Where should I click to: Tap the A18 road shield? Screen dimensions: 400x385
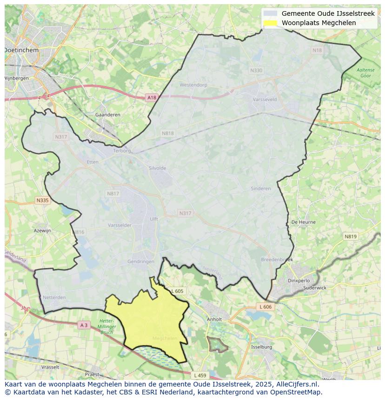(x=152, y=98)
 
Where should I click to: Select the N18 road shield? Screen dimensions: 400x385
(x=317, y=50)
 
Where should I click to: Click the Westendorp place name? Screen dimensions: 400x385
(x=193, y=85)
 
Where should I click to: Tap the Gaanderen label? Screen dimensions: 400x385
(x=107, y=115)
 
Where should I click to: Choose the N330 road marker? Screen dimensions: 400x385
(x=256, y=71)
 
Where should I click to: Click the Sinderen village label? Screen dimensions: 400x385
(x=260, y=189)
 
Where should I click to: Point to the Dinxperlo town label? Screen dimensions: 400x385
(x=299, y=281)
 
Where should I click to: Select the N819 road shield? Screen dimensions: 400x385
(x=351, y=236)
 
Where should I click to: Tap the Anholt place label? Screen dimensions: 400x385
(x=214, y=320)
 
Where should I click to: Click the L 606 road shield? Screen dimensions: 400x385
(x=265, y=307)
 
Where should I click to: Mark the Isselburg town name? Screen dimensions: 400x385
(x=261, y=347)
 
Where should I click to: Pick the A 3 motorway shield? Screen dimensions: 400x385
(x=84, y=325)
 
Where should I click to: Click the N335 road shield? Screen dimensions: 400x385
(x=42, y=200)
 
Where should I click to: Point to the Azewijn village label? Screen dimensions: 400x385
(x=42, y=230)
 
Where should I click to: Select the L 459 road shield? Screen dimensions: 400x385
(x=199, y=375)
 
